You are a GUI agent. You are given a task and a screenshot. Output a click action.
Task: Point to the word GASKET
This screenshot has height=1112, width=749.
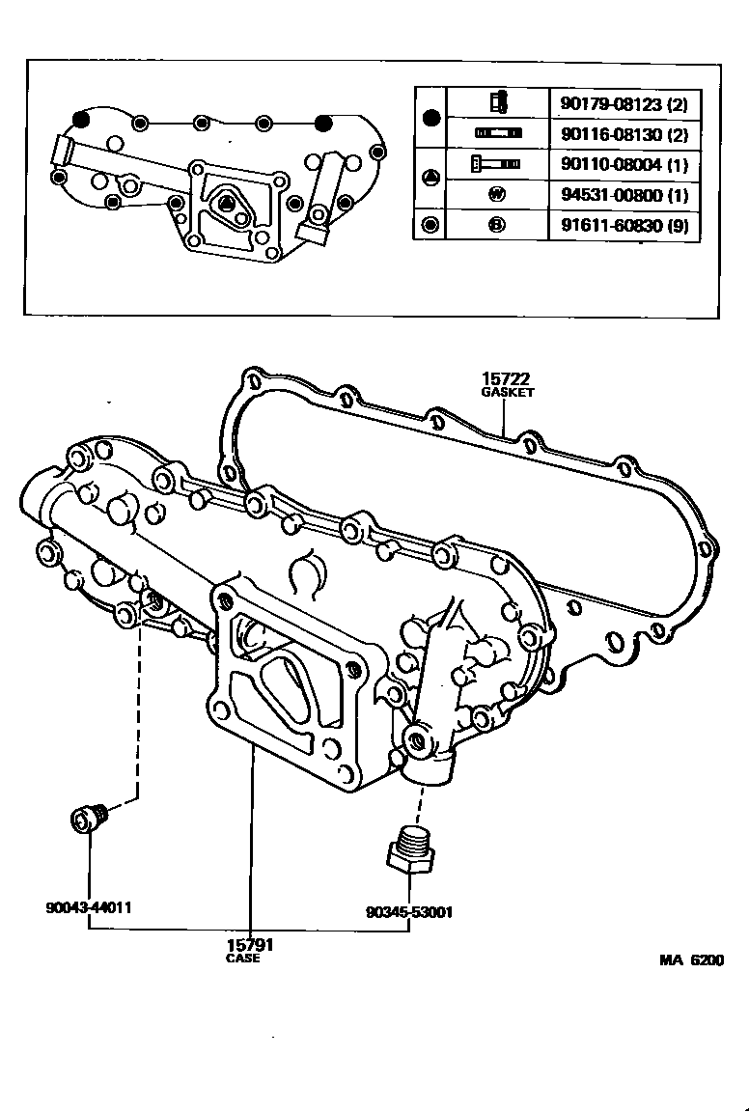(x=508, y=394)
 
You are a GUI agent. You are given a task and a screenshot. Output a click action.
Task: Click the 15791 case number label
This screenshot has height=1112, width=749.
(x=243, y=945)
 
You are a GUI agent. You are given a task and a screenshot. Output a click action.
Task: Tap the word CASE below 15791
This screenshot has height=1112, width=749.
(x=243, y=959)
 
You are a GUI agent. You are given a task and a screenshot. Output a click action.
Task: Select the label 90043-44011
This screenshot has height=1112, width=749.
(x=89, y=908)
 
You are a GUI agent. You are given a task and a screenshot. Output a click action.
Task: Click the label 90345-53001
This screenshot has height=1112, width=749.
(x=410, y=911)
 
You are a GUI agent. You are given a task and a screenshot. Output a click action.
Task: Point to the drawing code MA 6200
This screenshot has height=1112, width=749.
(x=691, y=960)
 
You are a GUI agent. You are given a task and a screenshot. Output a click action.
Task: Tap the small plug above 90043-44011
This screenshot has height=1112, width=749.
(x=91, y=820)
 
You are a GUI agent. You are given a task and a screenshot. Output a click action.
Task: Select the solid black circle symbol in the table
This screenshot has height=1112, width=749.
(x=431, y=118)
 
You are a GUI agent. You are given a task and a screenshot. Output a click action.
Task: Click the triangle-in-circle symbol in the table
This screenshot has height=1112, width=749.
(x=431, y=179)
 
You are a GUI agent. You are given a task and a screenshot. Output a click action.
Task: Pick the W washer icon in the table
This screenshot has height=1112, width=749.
(x=497, y=196)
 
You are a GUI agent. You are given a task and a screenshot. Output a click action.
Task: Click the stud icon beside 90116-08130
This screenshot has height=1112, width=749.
(x=497, y=133)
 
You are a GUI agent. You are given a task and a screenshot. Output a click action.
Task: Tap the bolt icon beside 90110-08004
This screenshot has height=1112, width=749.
(x=496, y=165)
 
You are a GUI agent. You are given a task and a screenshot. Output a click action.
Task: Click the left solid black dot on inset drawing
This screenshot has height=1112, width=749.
(x=81, y=119)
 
